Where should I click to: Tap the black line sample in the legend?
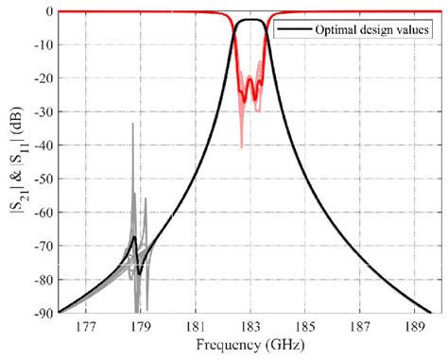point(290,29)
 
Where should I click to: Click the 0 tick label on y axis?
point(48,11)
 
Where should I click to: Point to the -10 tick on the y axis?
point(43,44)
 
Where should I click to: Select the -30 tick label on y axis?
point(43,111)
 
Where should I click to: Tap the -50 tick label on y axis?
point(43,179)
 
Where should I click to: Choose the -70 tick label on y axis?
point(43,246)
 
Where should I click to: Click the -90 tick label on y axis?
point(43,313)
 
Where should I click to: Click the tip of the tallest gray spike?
point(132,124)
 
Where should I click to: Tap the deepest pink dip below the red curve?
point(241,147)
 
